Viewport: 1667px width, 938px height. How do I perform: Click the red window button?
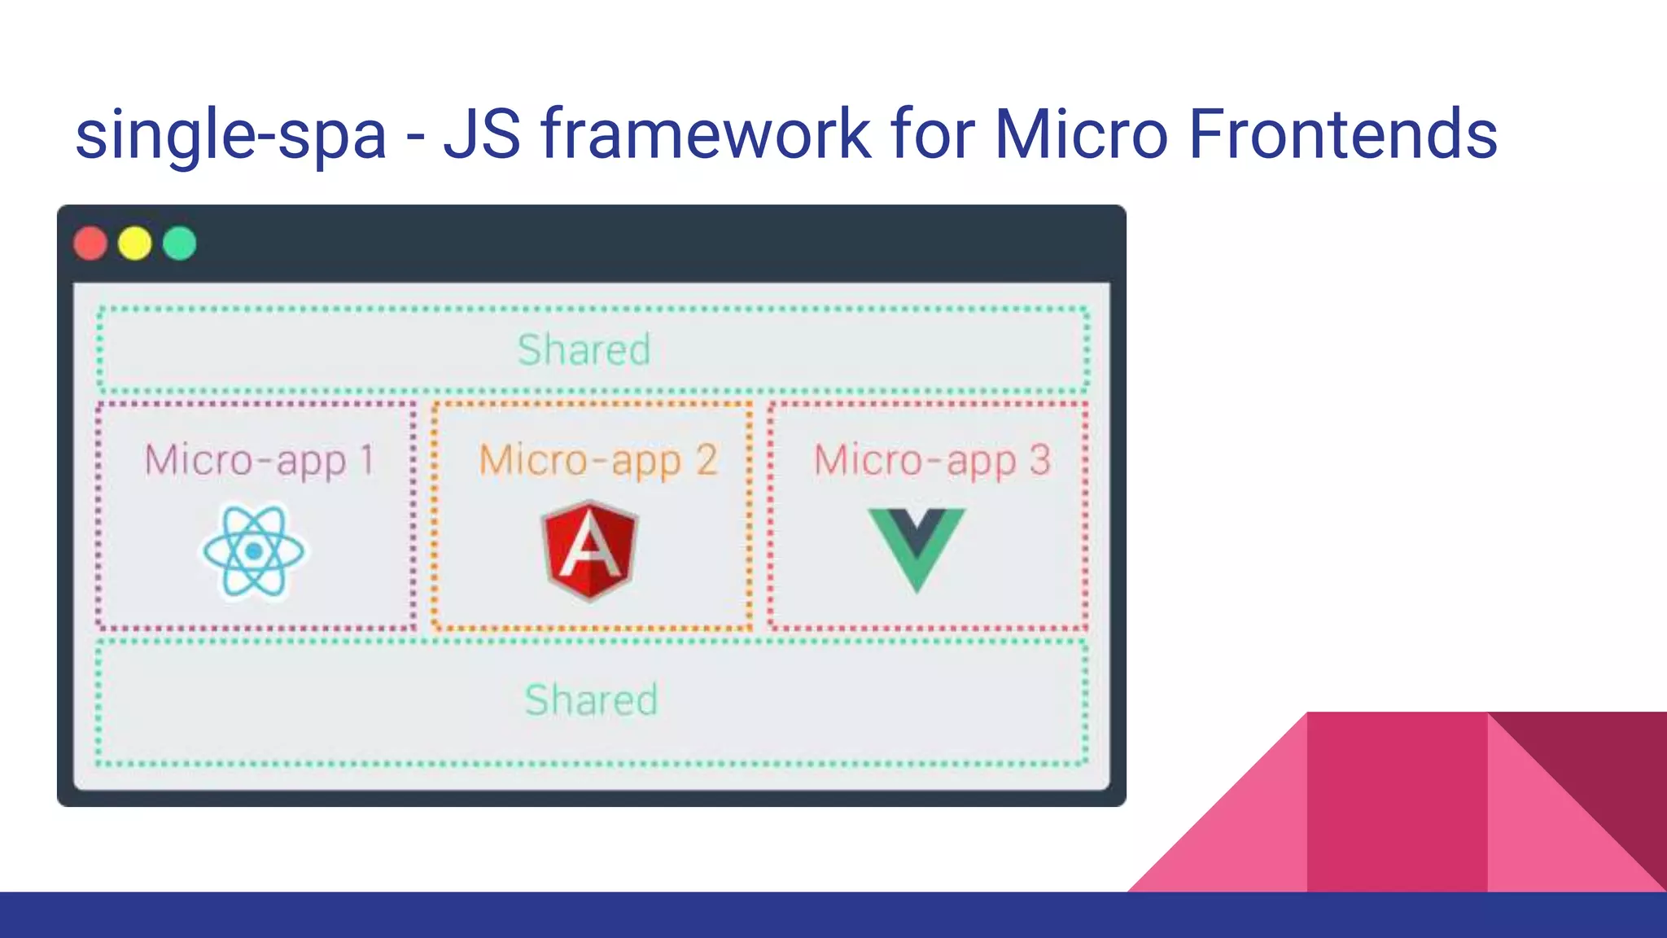(90, 243)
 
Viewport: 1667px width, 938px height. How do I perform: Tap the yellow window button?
(135, 243)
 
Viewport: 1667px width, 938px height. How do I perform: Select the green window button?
(180, 243)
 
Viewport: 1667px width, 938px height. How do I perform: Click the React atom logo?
(254, 551)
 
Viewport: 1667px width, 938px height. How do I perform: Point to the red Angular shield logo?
(590, 551)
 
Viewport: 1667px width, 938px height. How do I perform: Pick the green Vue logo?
(917, 546)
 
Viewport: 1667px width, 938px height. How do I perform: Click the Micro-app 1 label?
(259, 461)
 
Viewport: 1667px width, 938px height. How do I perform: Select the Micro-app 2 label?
(598, 461)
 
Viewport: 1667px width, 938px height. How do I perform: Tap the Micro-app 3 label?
(932, 461)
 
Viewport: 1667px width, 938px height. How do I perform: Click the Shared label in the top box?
(584, 350)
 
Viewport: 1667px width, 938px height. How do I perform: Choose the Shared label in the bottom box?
(591, 700)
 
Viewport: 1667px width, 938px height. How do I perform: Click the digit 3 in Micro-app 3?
(1039, 460)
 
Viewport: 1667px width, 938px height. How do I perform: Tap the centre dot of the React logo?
(254, 552)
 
